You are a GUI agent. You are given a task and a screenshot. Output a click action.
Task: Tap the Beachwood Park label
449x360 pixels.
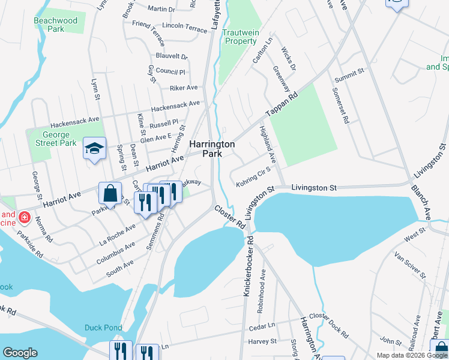(x=56, y=25)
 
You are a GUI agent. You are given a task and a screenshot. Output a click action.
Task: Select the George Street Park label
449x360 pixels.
(x=55, y=139)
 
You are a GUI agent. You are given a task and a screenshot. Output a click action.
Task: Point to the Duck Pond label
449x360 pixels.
(x=103, y=328)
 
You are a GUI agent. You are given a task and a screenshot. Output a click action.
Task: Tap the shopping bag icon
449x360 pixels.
(x=110, y=194)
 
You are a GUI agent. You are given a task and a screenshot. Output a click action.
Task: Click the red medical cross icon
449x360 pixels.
(x=23, y=216)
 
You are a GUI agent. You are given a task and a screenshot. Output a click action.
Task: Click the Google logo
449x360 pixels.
(x=20, y=353)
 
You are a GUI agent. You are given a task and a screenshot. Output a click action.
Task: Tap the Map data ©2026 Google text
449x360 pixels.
(x=412, y=355)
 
